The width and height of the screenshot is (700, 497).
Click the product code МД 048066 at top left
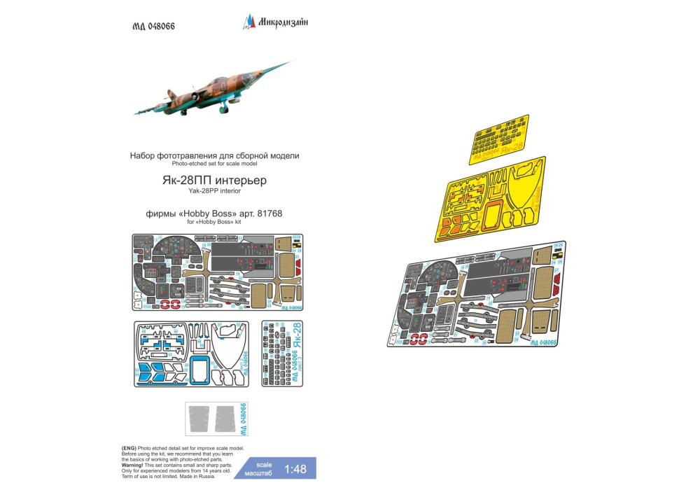pyautogui.click(x=153, y=26)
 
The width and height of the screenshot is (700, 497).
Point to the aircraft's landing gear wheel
pyautogui.click(x=223, y=109)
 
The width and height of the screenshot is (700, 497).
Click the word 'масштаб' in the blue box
pyautogui.click(x=263, y=474)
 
